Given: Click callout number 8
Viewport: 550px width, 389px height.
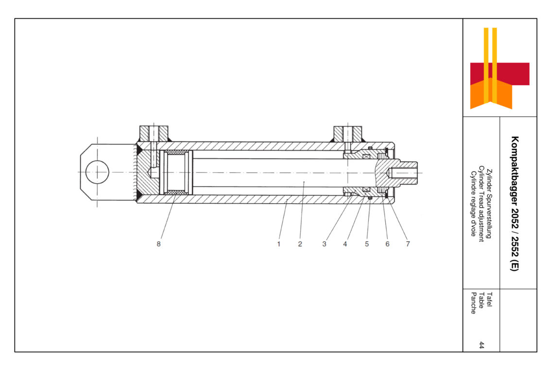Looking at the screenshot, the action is click(158, 244).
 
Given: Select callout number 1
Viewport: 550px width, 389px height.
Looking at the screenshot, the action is click(279, 244).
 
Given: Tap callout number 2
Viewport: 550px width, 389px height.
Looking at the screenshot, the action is click(300, 244).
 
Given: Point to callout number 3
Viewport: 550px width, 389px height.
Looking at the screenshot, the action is click(325, 244).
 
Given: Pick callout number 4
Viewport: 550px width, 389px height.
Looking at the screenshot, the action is click(345, 244).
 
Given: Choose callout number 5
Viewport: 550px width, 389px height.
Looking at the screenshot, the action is click(367, 244).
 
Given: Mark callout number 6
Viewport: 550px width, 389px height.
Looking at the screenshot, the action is click(388, 244).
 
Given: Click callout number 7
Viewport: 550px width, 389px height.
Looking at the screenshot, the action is click(408, 244).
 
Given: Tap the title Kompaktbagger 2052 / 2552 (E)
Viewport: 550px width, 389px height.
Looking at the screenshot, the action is click(514, 204).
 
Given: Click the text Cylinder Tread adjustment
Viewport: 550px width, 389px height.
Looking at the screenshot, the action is click(481, 204).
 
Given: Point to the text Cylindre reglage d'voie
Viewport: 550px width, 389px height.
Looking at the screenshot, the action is click(473, 204).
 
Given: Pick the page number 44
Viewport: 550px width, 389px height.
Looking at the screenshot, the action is click(481, 345).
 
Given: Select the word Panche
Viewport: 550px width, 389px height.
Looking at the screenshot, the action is click(473, 303).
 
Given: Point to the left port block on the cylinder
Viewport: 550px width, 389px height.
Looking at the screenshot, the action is click(154, 134).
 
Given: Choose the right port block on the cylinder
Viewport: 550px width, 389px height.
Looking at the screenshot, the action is click(347, 134).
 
